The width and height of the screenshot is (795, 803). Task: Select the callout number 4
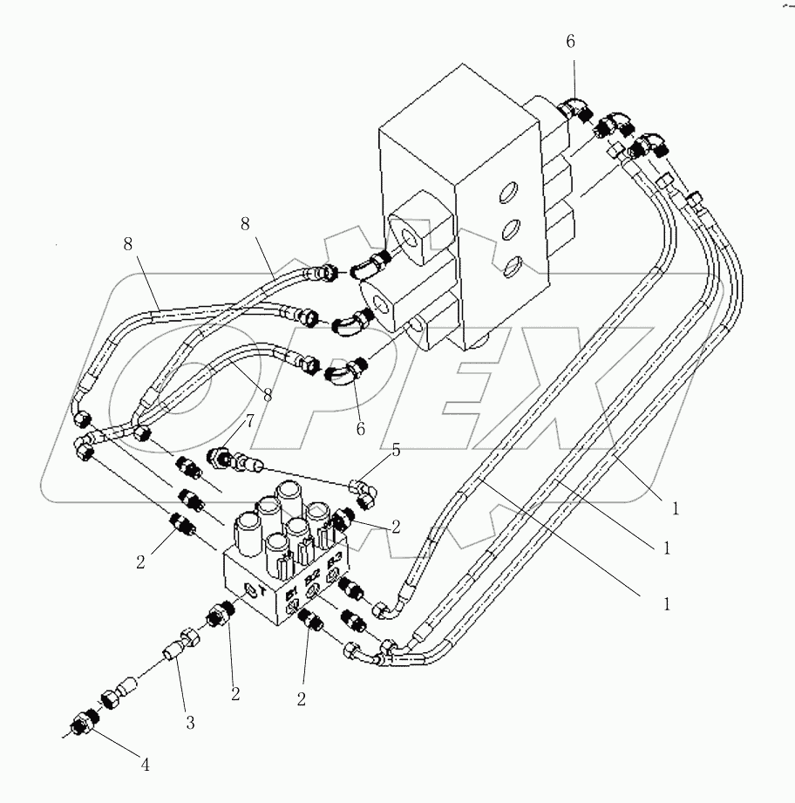pos(146,766)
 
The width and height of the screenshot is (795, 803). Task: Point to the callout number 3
pos(190,722)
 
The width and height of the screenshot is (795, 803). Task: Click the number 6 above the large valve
pos(570,41)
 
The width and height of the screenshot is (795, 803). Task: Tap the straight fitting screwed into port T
pos(219,620)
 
